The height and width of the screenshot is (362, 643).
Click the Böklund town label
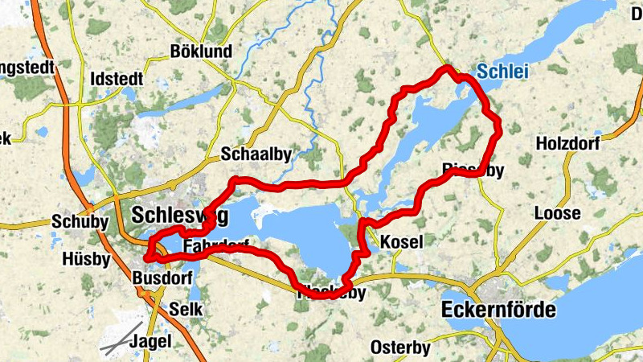(201, 51)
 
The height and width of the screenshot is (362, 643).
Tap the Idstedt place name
(117, 79)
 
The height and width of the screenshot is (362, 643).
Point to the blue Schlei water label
(502, 72)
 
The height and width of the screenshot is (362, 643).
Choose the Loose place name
(557, 214)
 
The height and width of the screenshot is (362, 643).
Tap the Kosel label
(400, 241)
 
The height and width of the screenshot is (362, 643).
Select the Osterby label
(400, 348)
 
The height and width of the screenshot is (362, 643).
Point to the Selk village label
(186, 309)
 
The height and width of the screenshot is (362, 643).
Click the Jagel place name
(150, 340)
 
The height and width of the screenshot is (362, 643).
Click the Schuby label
(74, 222)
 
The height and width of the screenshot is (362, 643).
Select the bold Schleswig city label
(179, 216)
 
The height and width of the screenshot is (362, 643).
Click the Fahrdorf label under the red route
(215, 245)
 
